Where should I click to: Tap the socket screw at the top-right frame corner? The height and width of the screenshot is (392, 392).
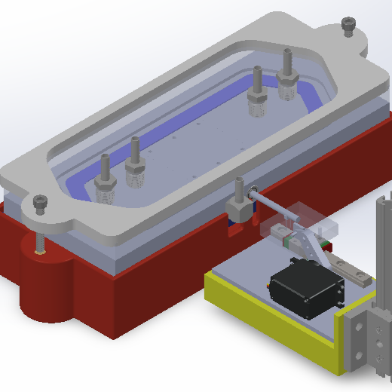[x=348, y=26]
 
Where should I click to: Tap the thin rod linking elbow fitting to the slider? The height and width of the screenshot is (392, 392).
[x=275, y=207]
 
